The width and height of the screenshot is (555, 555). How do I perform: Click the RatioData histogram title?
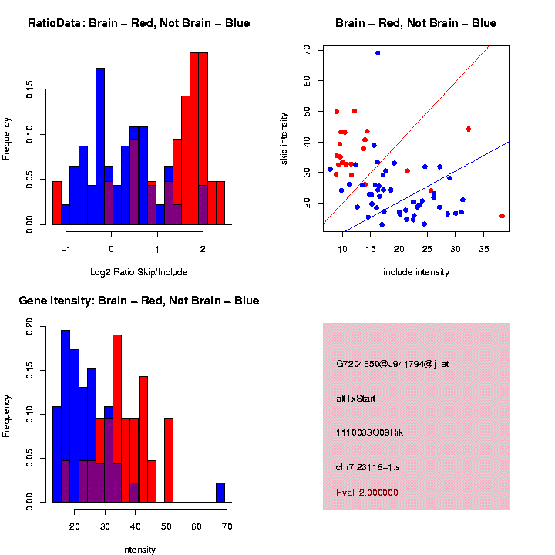(x=139, y=23)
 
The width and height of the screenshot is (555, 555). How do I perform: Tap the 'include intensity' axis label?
(x=416, y=272)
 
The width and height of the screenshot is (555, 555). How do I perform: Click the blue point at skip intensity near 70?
(x=378, y=52)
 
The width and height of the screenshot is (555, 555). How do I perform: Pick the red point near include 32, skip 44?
(x=469, y=129)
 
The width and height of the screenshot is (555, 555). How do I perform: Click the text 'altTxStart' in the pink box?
(x=356, y=399)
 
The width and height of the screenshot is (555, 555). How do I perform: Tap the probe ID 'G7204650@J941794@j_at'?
(x=392, y=364)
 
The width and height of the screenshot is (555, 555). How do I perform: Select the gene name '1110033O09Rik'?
(x=369, y=432)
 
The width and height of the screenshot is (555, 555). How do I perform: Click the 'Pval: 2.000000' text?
(x=367, y=493)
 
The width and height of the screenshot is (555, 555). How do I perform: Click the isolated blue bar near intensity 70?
(x=220, y=493)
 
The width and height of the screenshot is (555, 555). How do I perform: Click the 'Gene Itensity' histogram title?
(x=139, y=301)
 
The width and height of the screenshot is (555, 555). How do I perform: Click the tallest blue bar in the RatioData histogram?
(x=100, y=146)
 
